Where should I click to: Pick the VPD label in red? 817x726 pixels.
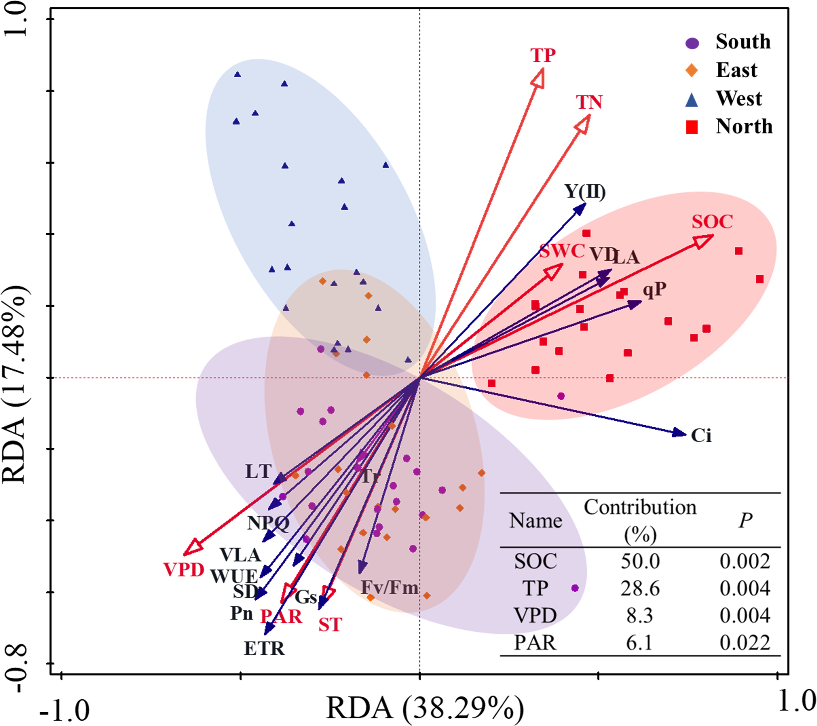click(184, 570)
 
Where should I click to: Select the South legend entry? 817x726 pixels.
click(743, 42)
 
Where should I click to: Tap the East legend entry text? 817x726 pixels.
click(736, 70)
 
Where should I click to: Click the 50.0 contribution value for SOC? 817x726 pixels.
click(640, 561)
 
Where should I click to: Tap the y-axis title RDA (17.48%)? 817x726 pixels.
click(15, 384)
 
